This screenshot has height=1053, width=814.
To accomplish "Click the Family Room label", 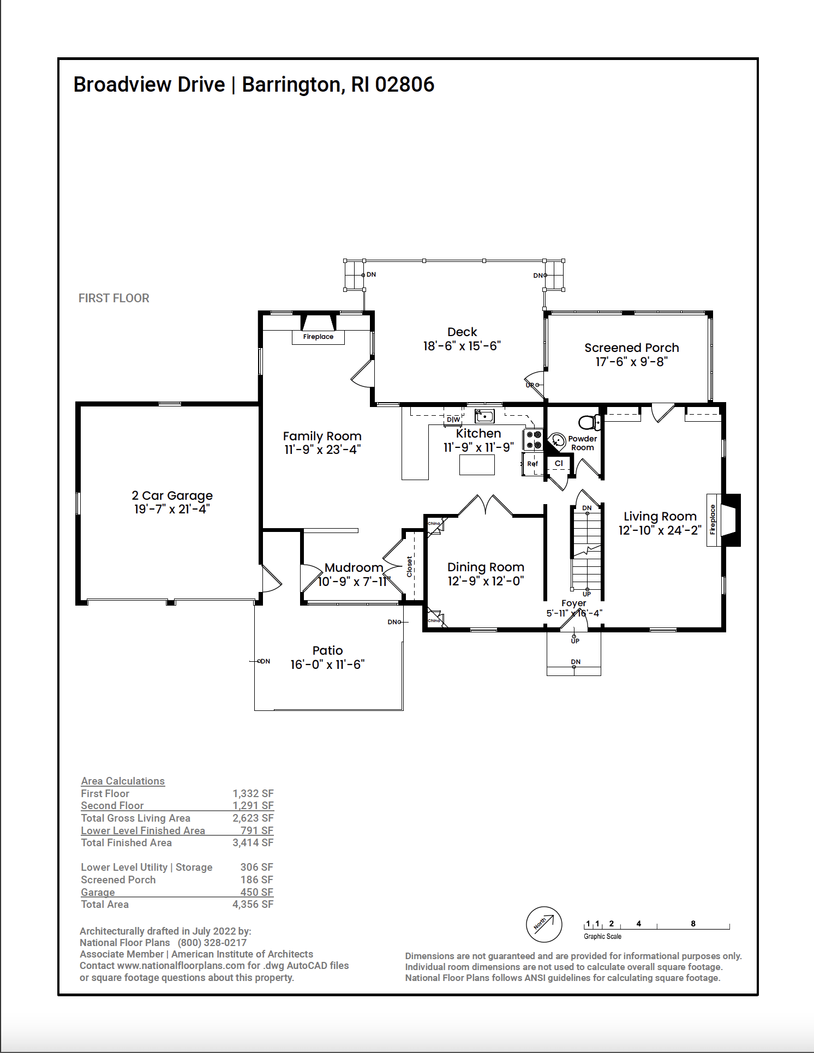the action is click(x=322, y=436).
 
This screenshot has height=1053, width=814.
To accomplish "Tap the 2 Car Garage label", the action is click(x=172, y=495).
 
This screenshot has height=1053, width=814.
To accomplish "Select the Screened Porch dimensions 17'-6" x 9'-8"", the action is click(x=631, y=361).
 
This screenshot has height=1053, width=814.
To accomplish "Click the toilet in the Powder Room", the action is click(x=589, y=422).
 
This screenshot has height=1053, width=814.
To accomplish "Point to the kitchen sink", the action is click(x=484, y=416).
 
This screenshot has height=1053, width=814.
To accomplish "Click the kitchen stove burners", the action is click(x=533, y=440).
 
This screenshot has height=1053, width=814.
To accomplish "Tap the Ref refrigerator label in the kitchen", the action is click(x=532, y=464).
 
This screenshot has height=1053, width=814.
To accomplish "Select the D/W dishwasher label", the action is click(x=453, y=420).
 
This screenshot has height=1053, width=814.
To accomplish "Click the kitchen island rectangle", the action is click(x=477, y=465).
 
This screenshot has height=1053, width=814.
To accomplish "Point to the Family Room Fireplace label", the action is click(x=318, y=337).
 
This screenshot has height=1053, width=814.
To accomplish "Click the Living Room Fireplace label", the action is click(x=713, y=519).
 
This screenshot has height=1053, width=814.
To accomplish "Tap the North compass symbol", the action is click(x=544, y=924).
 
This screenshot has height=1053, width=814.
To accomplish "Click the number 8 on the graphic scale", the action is click(x=693, y=924).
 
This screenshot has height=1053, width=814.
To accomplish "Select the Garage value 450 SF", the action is click(x=257, y=892).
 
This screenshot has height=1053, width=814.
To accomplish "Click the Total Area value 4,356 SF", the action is click(x=253, y=904).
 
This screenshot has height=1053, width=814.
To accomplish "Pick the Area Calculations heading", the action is click(x=123, y=781).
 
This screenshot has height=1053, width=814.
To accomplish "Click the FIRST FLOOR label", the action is click(x=114, y=298).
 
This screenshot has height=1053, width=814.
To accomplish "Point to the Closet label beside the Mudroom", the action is click(x=409, y=566).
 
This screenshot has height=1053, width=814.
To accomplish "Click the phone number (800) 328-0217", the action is click(x=212, y=942).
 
